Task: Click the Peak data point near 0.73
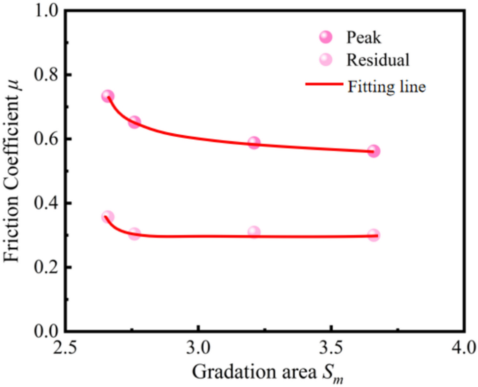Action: (108, 96)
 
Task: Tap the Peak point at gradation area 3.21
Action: (254, 143)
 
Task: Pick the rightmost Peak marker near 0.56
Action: (374, 151)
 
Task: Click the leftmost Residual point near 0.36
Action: (108, 217)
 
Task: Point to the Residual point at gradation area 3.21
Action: (254, 232)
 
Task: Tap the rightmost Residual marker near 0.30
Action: (374, 235)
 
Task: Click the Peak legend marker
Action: (326, 37)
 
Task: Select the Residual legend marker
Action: (326, 60)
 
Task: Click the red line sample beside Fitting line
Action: (324, 84)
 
